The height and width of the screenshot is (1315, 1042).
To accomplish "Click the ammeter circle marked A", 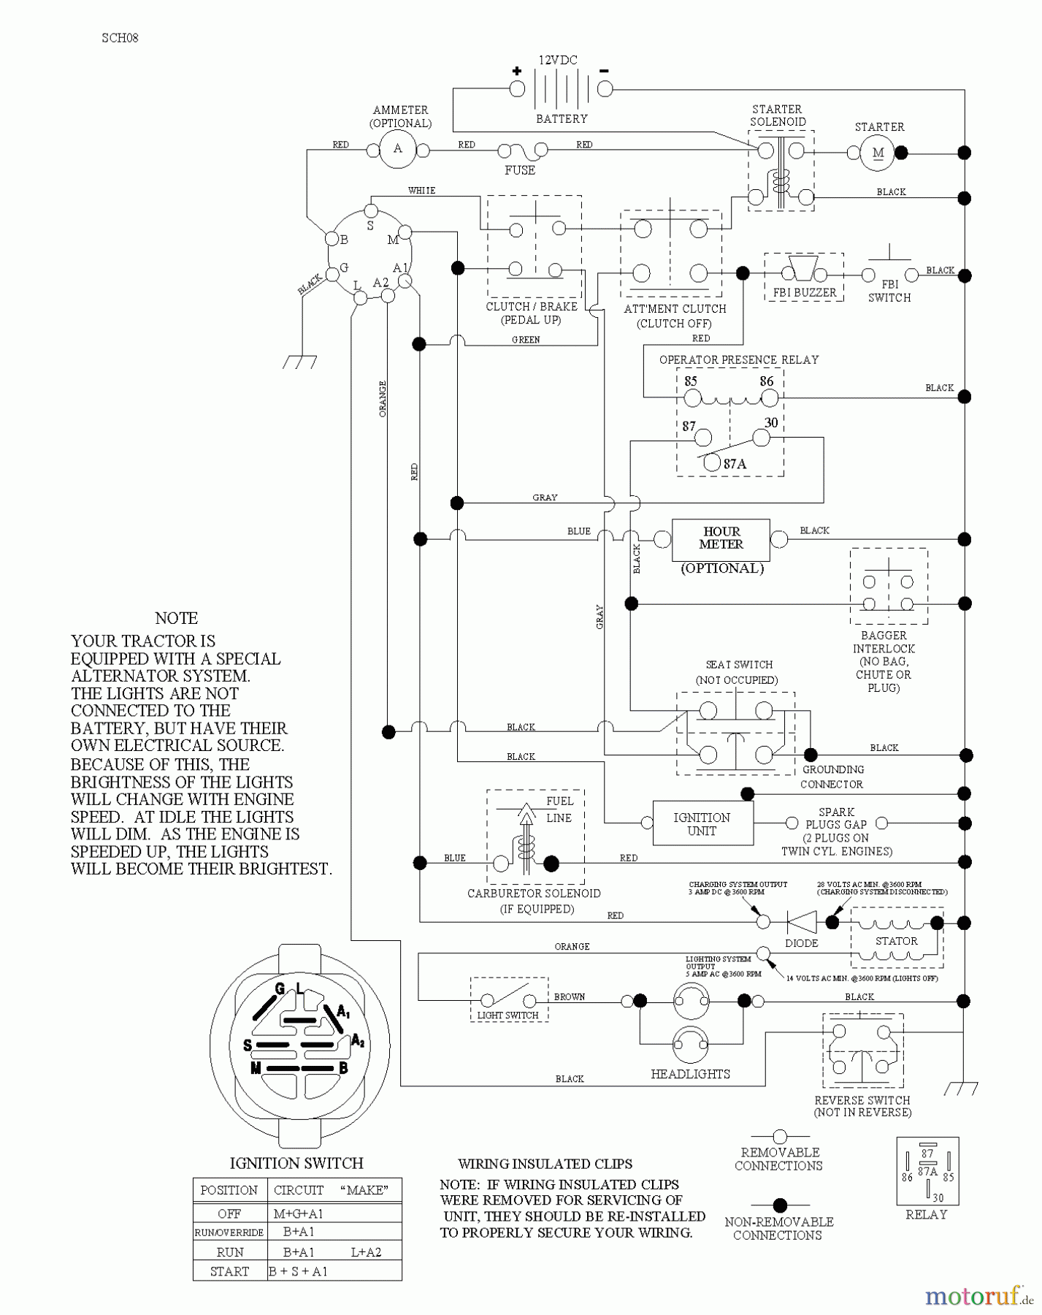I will tap(398, 149).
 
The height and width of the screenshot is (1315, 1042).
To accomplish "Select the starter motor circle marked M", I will tap(878, 153).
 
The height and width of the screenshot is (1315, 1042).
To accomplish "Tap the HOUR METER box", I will tap(721, 538).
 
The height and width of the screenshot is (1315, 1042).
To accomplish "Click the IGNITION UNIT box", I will tap(702, 823).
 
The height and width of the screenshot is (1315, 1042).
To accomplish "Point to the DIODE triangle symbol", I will tap(801, 922).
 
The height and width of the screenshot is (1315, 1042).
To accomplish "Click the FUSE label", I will tap(520, 170).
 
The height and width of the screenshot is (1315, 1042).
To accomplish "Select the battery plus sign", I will tap(517, 71).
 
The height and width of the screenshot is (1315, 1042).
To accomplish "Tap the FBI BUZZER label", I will tap(805, 293).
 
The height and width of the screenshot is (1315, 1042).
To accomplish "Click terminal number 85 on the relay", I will tap(690, 381).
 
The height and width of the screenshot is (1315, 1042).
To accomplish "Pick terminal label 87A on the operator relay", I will tap(735, 463).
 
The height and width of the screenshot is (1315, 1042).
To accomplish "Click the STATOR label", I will tap(897, 941).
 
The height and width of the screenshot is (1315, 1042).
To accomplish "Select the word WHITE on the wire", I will tap(421, 191).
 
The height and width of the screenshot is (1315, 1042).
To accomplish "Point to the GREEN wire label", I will tap(526, 340).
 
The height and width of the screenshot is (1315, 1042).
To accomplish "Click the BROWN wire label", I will tap(570, 996).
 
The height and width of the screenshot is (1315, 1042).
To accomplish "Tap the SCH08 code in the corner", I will tap(120, 38).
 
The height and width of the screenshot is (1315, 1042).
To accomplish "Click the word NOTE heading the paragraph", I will tap(177, 618).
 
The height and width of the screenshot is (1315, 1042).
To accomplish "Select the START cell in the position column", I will tap(229, 1271).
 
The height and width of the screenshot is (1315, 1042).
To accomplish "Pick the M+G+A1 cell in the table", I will tap(298, 1213).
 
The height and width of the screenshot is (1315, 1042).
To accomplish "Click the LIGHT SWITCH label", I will tap(508, 1015).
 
